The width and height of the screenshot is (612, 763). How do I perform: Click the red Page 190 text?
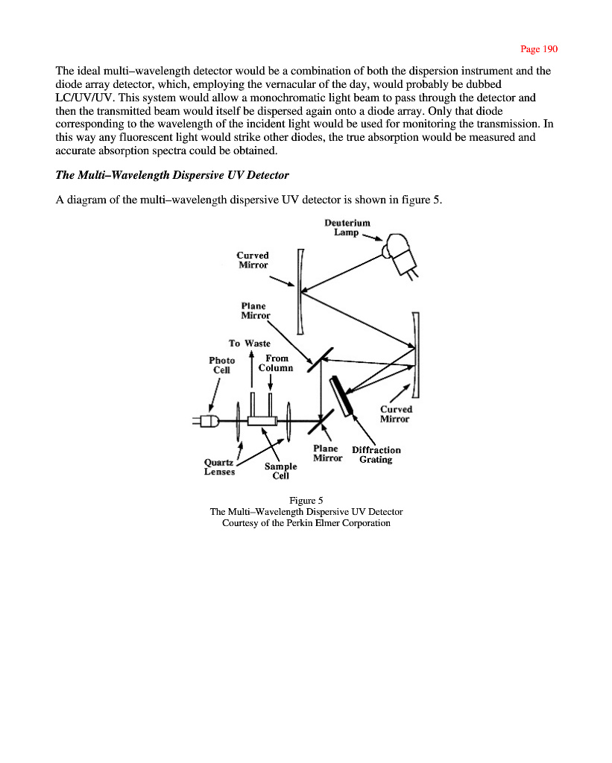539,49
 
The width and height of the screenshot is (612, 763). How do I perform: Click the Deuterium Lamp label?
347,227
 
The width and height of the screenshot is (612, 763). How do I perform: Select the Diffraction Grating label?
376,455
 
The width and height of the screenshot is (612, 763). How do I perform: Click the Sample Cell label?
280,471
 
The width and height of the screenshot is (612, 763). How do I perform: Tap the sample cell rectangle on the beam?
262,421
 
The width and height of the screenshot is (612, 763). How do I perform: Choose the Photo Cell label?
222,365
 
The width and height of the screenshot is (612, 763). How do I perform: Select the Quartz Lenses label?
219,466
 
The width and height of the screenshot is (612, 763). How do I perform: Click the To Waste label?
249,343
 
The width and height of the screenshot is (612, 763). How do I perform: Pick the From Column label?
276,363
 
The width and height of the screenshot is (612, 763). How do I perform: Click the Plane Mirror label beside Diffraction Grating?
326,453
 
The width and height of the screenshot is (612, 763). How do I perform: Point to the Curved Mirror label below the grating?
395,414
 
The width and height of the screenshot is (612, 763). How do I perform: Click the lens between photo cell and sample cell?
237,421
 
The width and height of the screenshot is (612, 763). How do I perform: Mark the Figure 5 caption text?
306,499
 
